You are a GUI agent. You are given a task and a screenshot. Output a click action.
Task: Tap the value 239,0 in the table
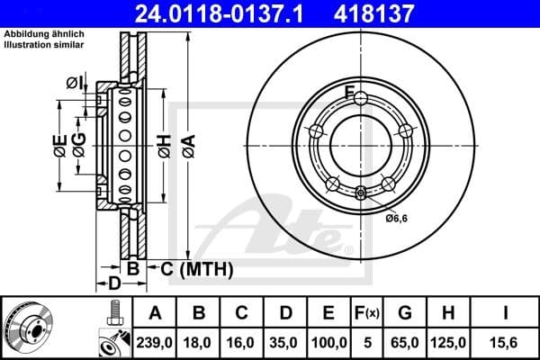coord(155,343)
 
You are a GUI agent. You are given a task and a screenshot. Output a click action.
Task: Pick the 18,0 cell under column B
coord(199,343)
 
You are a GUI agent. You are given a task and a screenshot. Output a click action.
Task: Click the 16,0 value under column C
coord(242,343)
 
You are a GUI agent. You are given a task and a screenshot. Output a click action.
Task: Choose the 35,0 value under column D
coord(285,343)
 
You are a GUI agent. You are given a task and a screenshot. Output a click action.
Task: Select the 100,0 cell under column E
coord(329,343)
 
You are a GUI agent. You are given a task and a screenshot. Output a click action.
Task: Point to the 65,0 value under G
coord(405,343)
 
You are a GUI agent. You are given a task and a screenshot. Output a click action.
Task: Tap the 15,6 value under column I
coord(505,343)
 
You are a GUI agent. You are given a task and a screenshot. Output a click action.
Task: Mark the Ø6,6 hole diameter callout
coord(398,218)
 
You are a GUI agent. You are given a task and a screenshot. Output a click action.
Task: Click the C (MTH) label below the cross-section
coord(196,268)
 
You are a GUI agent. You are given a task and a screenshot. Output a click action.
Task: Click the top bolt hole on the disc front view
coord(360,98)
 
